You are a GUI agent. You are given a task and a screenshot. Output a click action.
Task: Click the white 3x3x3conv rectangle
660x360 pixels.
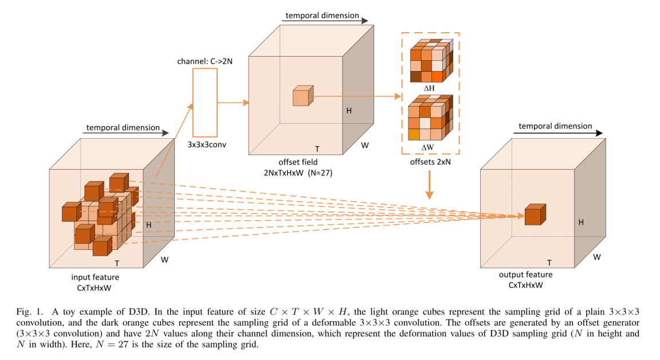pyautogui.click(x=205, y=102)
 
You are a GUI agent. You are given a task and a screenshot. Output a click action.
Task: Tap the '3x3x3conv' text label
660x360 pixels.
pyautogui.click(x=207, y=144)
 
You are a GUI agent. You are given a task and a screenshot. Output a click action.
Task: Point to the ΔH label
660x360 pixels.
pyautogui.click(x=430, y=88)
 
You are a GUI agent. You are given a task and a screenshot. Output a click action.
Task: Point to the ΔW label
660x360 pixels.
pyautogui.click(x=429, y=147)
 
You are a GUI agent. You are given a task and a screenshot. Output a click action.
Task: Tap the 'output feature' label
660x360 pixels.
pyautogui.click(x=526, y=275)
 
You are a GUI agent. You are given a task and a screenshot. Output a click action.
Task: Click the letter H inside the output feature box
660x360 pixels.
pyautogui.click(x=581, y=221)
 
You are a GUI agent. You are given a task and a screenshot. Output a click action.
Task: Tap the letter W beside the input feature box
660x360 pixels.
pyautogui.click(x=164, y=260)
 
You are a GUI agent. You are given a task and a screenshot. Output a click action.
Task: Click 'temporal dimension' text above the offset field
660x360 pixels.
pyautogui.click(x=321, y=15)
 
